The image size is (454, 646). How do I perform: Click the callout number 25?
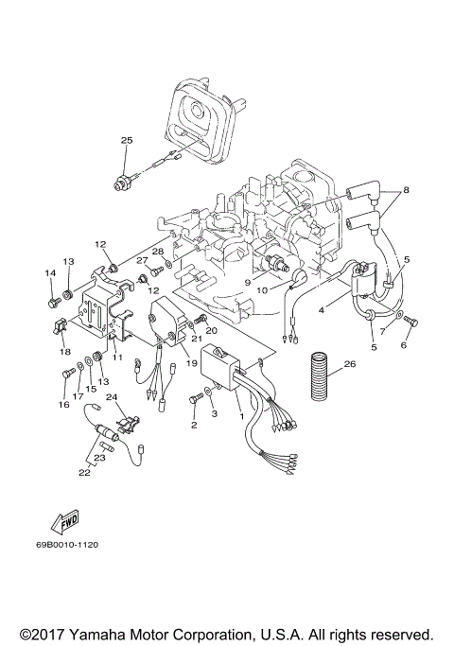pyautogui.click(x=125, y=140)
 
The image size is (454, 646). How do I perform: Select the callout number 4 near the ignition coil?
pyautogui.click(x=321, y=308)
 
